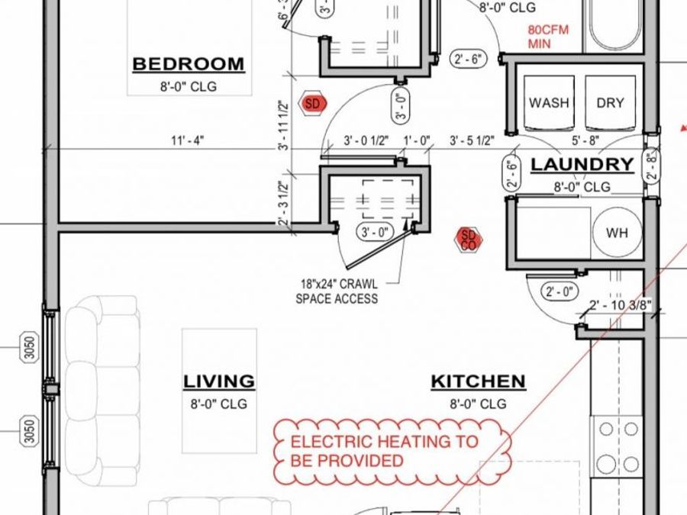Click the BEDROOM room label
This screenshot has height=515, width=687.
189,64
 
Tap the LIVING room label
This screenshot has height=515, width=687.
218,381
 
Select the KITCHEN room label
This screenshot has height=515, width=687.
479,381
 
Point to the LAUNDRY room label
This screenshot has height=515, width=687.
582,165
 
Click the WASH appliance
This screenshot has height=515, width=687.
549,103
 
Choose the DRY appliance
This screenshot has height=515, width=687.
611,103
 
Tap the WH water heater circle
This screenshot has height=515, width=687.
617,233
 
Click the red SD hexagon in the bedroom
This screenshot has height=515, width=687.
312,104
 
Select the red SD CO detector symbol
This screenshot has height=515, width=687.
469,240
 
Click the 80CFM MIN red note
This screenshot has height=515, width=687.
548,37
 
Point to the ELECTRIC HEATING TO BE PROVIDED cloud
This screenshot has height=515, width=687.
392,451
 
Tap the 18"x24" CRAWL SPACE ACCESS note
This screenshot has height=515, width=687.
337,291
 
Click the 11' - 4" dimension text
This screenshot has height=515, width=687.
188,141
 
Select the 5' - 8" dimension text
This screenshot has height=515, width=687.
585,141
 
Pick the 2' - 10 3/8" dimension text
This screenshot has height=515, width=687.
621,304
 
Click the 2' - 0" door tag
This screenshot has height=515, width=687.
560,291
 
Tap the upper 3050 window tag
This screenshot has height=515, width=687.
29,347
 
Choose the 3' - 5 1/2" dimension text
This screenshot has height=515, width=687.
472,141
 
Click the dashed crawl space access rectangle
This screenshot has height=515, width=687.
388,199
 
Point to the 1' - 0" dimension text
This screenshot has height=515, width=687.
417,141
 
